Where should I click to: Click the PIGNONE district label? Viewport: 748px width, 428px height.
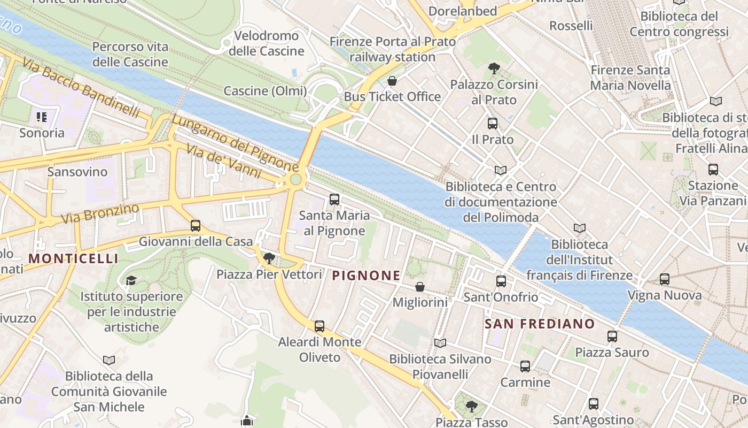coord(366,276)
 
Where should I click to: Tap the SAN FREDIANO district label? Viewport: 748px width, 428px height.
coord(540,324)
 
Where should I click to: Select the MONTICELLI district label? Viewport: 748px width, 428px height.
coord(73,259)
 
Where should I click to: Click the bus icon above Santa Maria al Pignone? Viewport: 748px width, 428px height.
coord(334,200)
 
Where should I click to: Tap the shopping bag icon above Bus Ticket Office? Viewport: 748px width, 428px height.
coord(392,81)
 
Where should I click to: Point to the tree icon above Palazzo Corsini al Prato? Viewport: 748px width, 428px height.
coord(494,68)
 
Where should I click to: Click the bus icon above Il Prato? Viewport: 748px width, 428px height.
coord(493,124)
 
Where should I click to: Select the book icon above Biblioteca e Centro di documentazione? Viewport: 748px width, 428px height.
coord(501,171)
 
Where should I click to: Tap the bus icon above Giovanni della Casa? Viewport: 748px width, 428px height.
coord(196,226)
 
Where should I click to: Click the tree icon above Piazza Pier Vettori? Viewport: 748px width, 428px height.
coord(269,259)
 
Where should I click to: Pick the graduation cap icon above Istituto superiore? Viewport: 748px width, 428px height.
coord(131,280)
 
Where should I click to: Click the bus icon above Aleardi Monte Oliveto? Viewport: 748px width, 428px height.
coord(320,326)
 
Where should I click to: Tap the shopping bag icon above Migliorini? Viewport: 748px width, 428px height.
coord(420,287)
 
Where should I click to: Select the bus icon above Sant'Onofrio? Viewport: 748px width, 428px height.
coord(501,281)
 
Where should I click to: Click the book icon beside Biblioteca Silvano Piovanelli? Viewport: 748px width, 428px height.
coord(440,343)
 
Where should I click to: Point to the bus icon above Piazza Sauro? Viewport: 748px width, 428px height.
coord(612,337)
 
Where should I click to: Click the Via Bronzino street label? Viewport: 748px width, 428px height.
coord(100,214)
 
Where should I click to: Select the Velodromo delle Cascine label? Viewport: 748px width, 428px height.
coord(266,43)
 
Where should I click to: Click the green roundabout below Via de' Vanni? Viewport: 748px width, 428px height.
coord(295,180)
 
